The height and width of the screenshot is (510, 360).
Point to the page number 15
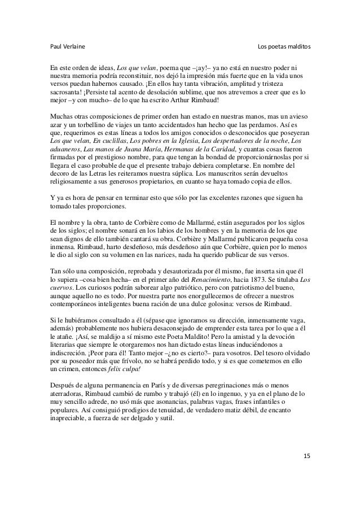pyautogui.click(x=306, y=455)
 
